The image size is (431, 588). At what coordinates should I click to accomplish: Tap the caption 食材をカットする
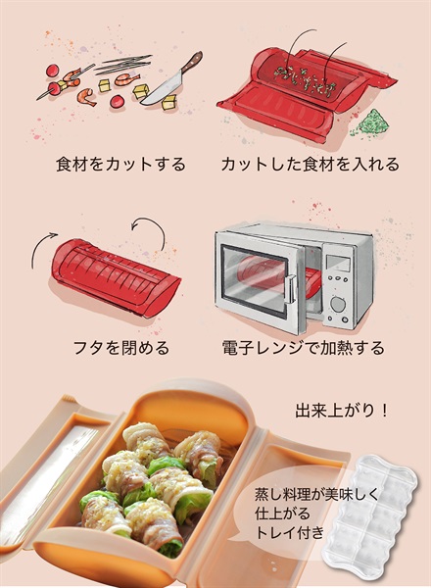[x=120, y=164]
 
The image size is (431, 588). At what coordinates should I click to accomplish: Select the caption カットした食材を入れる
[x=311, y=164]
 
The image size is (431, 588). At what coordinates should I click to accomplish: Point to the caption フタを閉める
[x=121, y=348]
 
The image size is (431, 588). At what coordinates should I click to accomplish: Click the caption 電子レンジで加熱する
[x=311, y=348]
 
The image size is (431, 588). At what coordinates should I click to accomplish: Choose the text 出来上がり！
[x=342, y=408]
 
